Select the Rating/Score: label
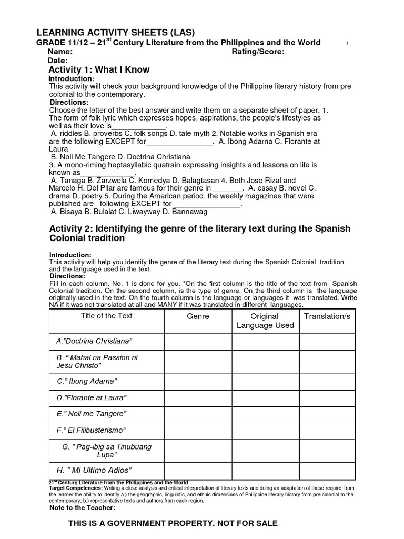[258, 52]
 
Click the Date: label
[57, 61]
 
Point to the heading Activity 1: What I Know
[99, 69]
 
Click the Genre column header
[198, 316]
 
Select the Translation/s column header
[327, 316]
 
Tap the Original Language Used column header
[265, 321]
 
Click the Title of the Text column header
[106, 316]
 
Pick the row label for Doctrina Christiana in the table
[94, 342]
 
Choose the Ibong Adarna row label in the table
[87, 381]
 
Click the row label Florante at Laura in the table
[92, 397]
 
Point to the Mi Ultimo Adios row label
[93, 470]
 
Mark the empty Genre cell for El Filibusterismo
[198, 430]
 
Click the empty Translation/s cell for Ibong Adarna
[327, 381]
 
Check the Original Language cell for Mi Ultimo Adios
[265, 470]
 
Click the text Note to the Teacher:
[82, 508]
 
